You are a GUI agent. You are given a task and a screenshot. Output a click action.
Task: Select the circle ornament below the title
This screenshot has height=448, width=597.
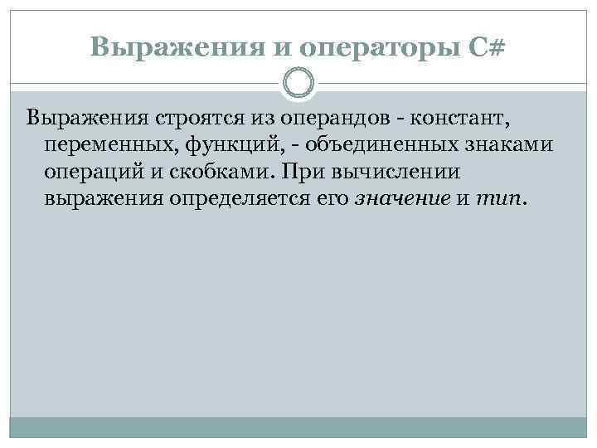click(298, 83)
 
